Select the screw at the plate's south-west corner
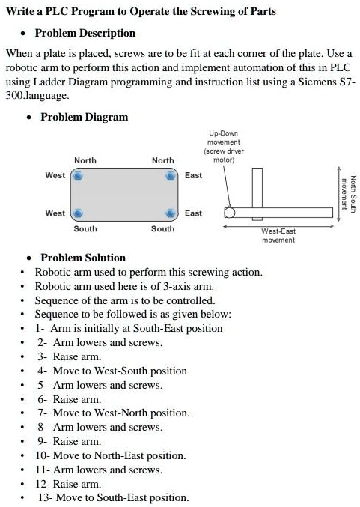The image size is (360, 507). click(x=76, y=213)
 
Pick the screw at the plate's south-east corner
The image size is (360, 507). click(x=171, y=213)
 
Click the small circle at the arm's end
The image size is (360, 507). click(x=229, y=213)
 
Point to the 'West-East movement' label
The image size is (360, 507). click(x=278, y=236)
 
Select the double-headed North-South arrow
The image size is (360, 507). click(x=339, y=192)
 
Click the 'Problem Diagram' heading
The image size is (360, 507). click(x=84, y=117)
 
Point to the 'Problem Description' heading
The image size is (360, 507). click(x=85, y=33)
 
